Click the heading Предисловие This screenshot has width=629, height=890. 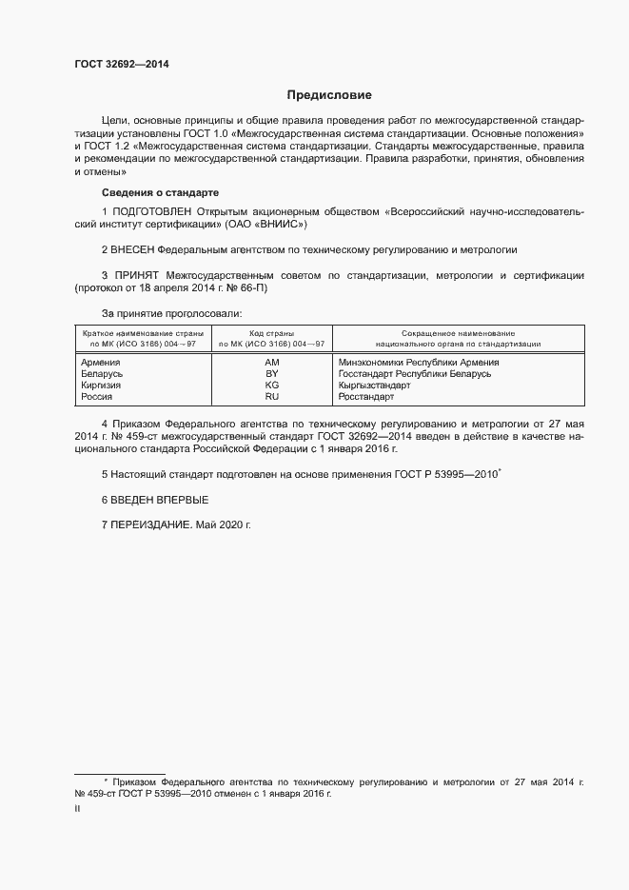point(329,95)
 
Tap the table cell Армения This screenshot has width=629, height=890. point(100,362)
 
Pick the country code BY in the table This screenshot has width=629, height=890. point(271,373)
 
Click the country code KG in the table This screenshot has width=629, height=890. point(271,385)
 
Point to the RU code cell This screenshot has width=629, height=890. point(271,396)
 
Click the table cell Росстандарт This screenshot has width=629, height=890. point(365,396)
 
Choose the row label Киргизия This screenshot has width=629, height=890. point(101,385)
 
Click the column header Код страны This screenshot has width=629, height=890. point(271,333)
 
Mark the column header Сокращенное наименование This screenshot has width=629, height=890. point(458,333)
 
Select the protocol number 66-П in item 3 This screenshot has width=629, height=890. point(252,287)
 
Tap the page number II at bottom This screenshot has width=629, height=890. point(76,808)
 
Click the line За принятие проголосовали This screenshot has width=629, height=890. point(171,312)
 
